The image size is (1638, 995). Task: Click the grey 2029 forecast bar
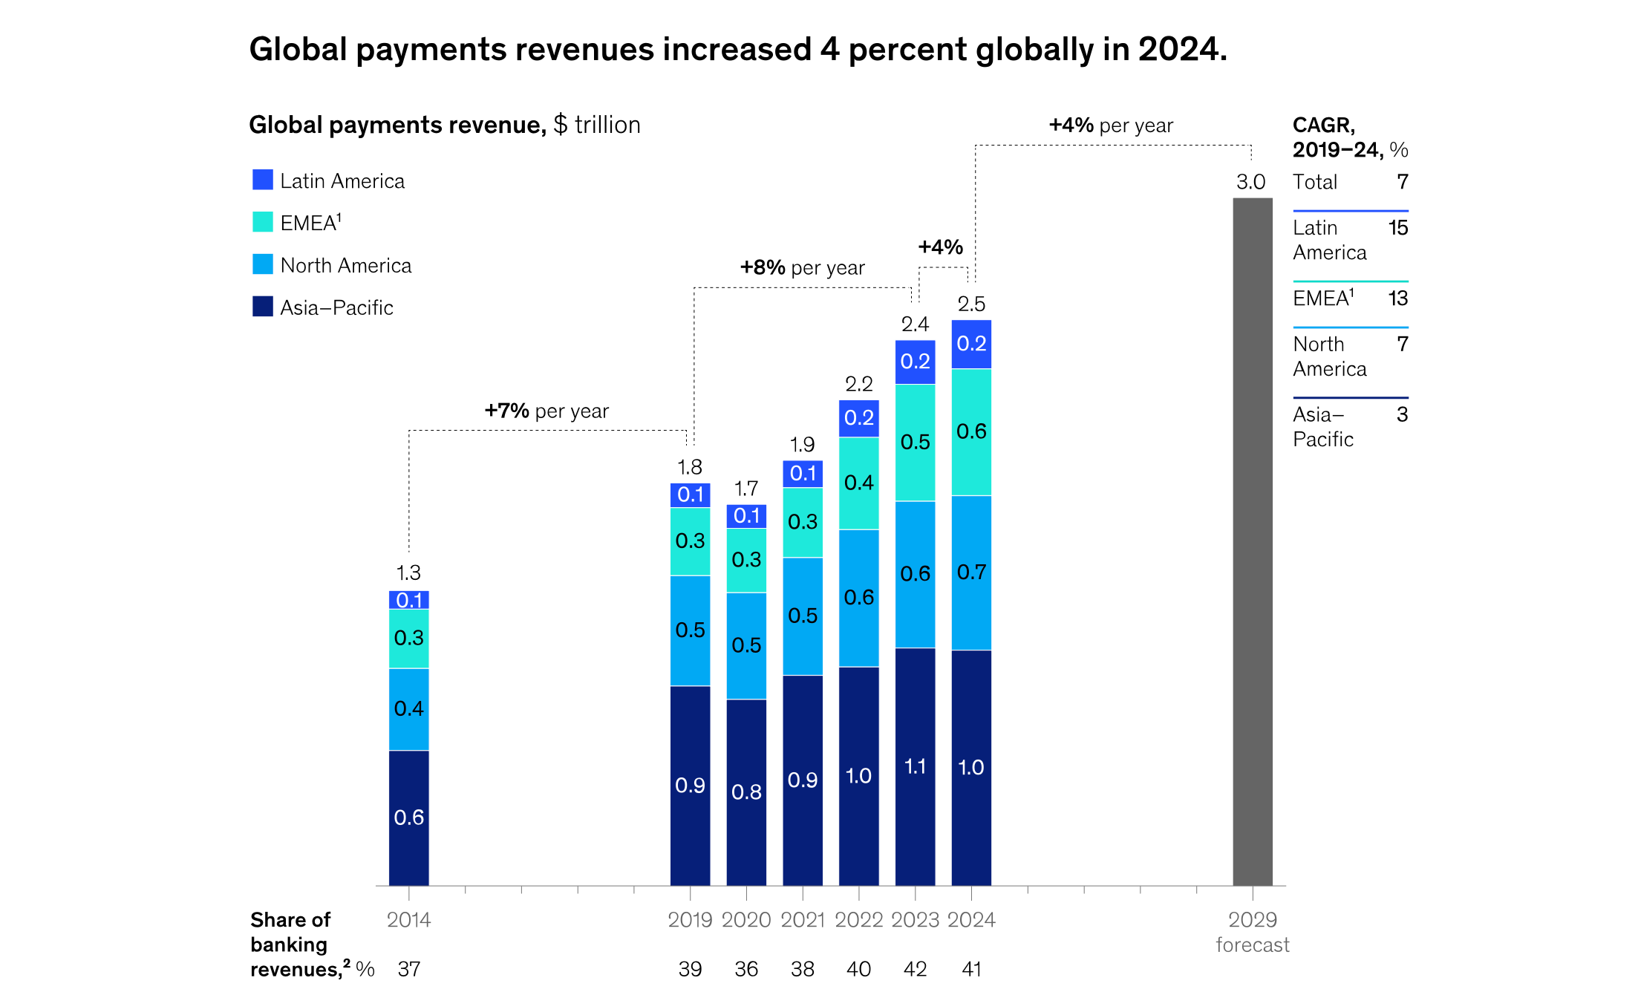pos(1252,542)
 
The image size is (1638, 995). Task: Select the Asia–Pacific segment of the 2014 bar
pos(408,817)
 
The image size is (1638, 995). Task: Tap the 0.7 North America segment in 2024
pos(971,572)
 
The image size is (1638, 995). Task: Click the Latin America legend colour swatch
pos(262,180)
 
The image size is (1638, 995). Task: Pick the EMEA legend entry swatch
pos(262,222)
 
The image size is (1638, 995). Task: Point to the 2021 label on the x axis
pos(803,919)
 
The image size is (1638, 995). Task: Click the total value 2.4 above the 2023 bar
pos(915,324)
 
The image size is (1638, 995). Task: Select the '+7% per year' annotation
pos(546,411)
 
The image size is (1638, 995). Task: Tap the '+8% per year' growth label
pos(802,267)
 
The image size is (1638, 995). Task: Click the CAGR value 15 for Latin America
pos(1397,228)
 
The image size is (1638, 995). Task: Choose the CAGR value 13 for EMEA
pos(1397,298)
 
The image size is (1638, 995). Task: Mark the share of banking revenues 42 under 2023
pos(915,968)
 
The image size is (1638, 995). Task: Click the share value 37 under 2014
pos(408,968)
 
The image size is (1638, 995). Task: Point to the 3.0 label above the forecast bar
pos(1250,182)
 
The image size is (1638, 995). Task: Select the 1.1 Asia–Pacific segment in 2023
pos(915,766)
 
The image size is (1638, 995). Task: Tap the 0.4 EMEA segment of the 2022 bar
pos(859,483)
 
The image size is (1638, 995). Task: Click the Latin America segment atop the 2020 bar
pos(746,516)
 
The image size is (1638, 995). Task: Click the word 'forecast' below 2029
pos(1252,945)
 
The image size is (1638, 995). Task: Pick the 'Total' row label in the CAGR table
pos(1315,182)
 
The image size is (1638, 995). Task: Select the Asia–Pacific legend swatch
pos(262,307)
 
